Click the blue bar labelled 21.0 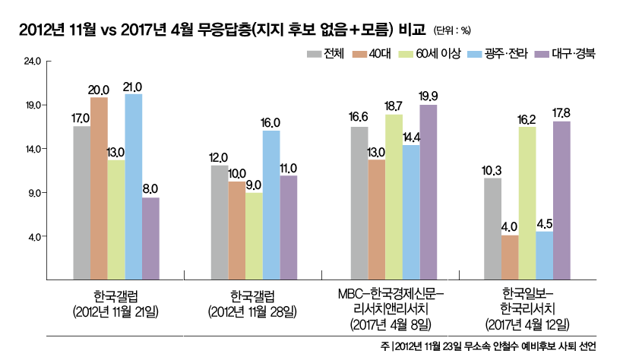tap(134, 187)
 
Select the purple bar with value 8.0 tap(150, 239)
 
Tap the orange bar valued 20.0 tap(99, 189)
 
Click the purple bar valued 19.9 tap(429, 193)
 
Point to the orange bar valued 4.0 tap(509, 258)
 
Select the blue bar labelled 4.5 tap(544, 256)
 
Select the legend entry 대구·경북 tap(566, 54)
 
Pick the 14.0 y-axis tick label tap(33, 149)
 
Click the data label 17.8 tap(561, 112)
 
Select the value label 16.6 tap(359, 117)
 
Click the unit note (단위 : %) tap(453, 30)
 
